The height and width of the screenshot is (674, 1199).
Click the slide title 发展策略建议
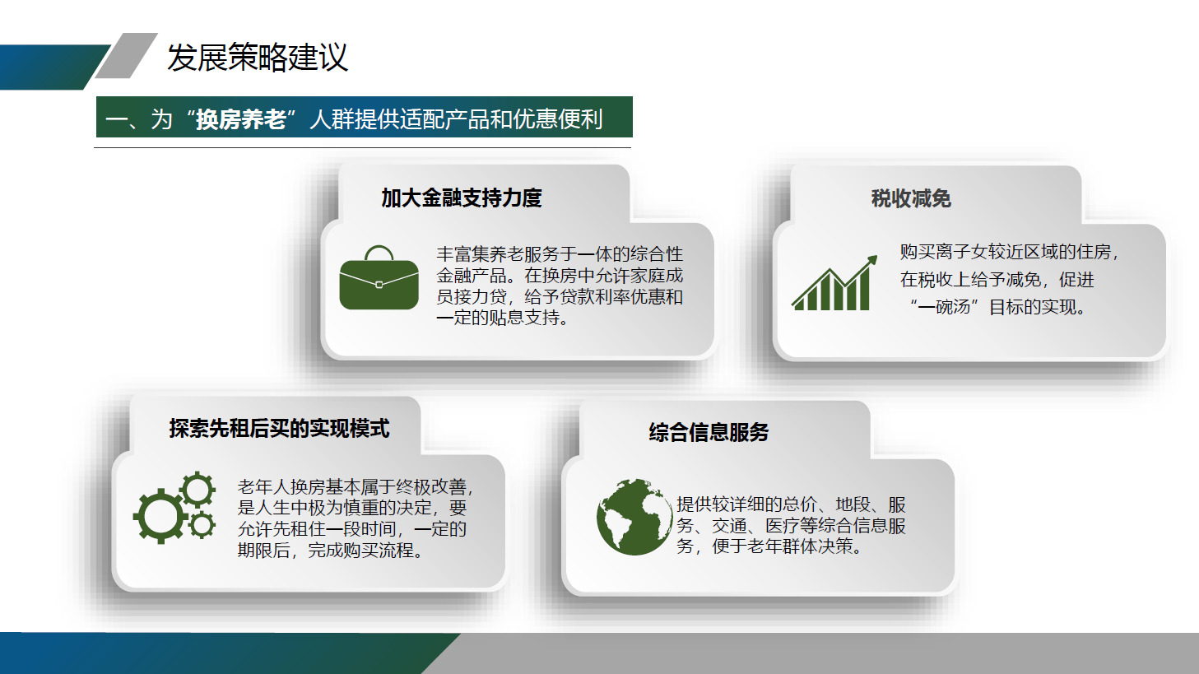coord(258,58)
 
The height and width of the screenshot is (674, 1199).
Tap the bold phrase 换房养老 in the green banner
coord(240,119)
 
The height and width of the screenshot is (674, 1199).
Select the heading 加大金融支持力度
coord(462,198)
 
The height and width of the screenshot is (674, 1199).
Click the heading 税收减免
coord(911,198)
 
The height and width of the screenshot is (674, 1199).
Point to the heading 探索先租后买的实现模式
coord(280,429)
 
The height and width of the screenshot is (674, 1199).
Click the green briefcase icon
coord(379,278)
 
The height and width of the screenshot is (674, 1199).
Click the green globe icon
coord(634,517)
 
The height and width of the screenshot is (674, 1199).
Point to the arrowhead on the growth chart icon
coord(872,260)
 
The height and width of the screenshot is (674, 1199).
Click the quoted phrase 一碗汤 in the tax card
coord(944,307)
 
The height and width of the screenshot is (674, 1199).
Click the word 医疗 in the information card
coord(782,526)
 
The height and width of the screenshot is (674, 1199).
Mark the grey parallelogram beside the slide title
coord(127,56)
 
